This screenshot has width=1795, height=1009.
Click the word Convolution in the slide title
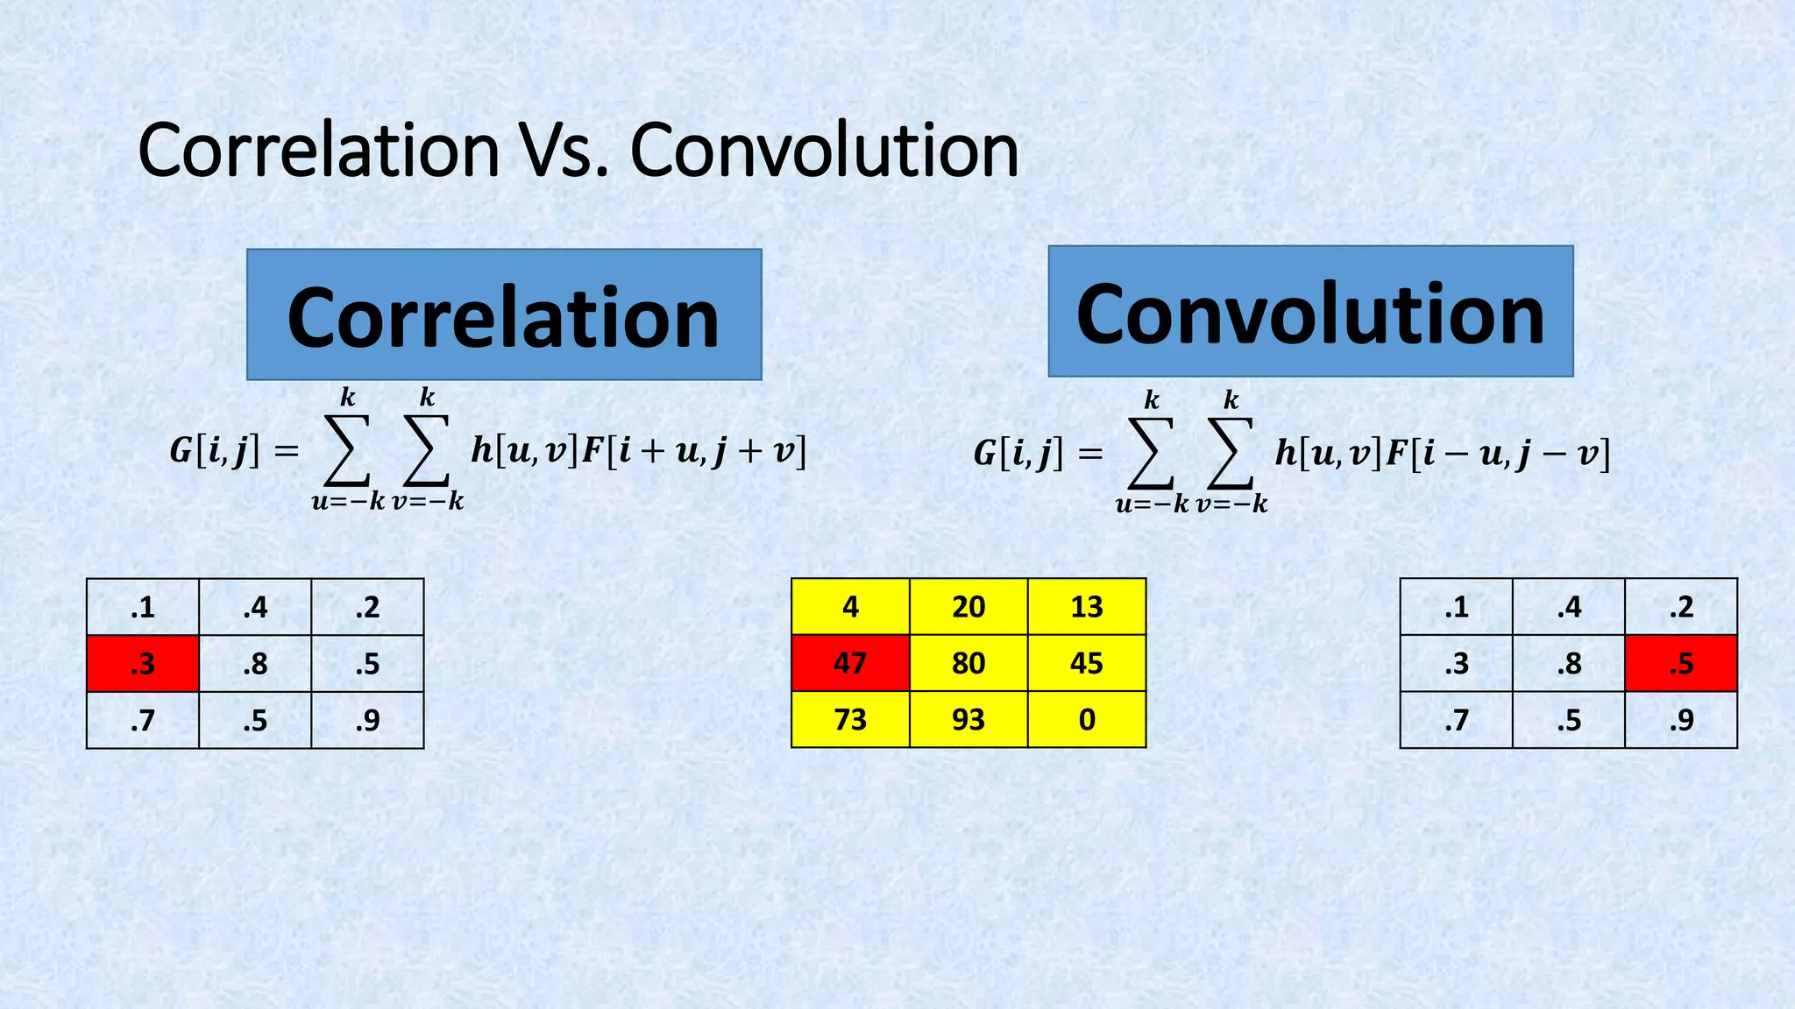[824, 151]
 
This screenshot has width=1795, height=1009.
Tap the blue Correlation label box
[504, 314]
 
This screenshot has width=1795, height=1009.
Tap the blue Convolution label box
[1310, 312]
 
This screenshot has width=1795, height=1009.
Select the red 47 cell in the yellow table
[850, 663]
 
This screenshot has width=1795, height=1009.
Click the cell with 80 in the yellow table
[968, 663]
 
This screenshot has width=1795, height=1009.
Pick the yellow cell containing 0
[1087, 719]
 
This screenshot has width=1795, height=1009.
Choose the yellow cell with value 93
[968, 719]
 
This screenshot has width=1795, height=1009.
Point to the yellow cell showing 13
[1087, 606]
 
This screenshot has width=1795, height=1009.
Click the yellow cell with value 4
[850, 606]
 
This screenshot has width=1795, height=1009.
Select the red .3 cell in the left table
[143, 664]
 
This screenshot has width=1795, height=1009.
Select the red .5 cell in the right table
[1681, 664]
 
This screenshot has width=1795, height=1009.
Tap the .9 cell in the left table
[367, 720]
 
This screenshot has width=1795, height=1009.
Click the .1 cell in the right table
[1457, 606]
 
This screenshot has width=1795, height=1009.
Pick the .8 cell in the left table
[255, 664]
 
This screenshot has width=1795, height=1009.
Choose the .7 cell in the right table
[1457, 720]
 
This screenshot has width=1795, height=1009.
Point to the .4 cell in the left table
[255, 606]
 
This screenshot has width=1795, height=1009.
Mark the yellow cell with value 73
[850, 719]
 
